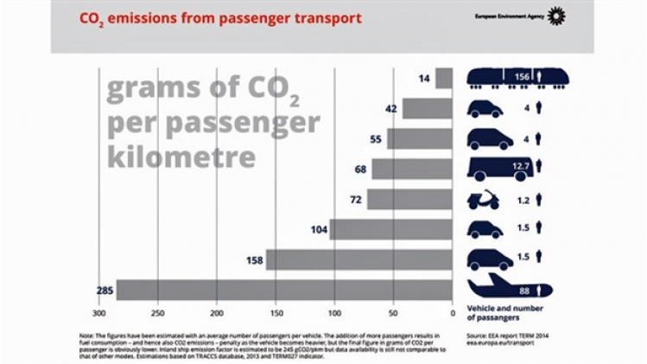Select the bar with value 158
pos(358,259)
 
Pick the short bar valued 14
pos(444,79)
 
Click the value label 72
pos(355,200)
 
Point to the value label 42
pos(391,109)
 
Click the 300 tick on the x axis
pos(99,312)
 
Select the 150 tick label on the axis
pos(276,312)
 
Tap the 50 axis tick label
pos(394,312)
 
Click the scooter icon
pos(485,200)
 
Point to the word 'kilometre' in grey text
pos(181,158)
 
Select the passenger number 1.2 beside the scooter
pos(523,200)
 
